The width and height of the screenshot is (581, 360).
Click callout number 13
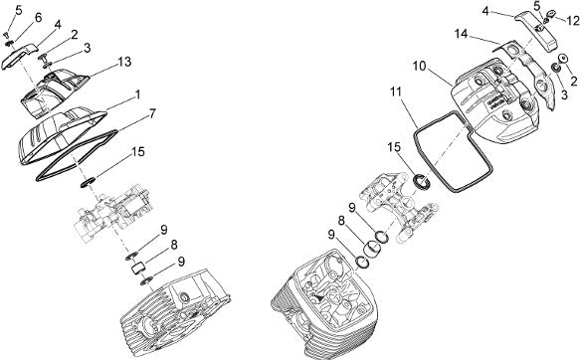(x=125, y=62)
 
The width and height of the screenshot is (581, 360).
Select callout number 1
(x=137, y=95)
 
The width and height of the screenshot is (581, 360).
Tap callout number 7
(x=152, y=113)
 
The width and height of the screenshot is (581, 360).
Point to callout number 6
(x=39, y=18)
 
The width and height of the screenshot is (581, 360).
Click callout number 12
(x=572, y=20)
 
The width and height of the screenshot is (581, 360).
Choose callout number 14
(x=462, y=34)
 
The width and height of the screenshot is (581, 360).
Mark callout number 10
(x=420, y=66)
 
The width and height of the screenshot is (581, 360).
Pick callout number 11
(x=396, y=91)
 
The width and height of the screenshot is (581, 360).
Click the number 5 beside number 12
(x=537, y=6)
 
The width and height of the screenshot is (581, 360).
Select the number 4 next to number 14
(x=485, y=11)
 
